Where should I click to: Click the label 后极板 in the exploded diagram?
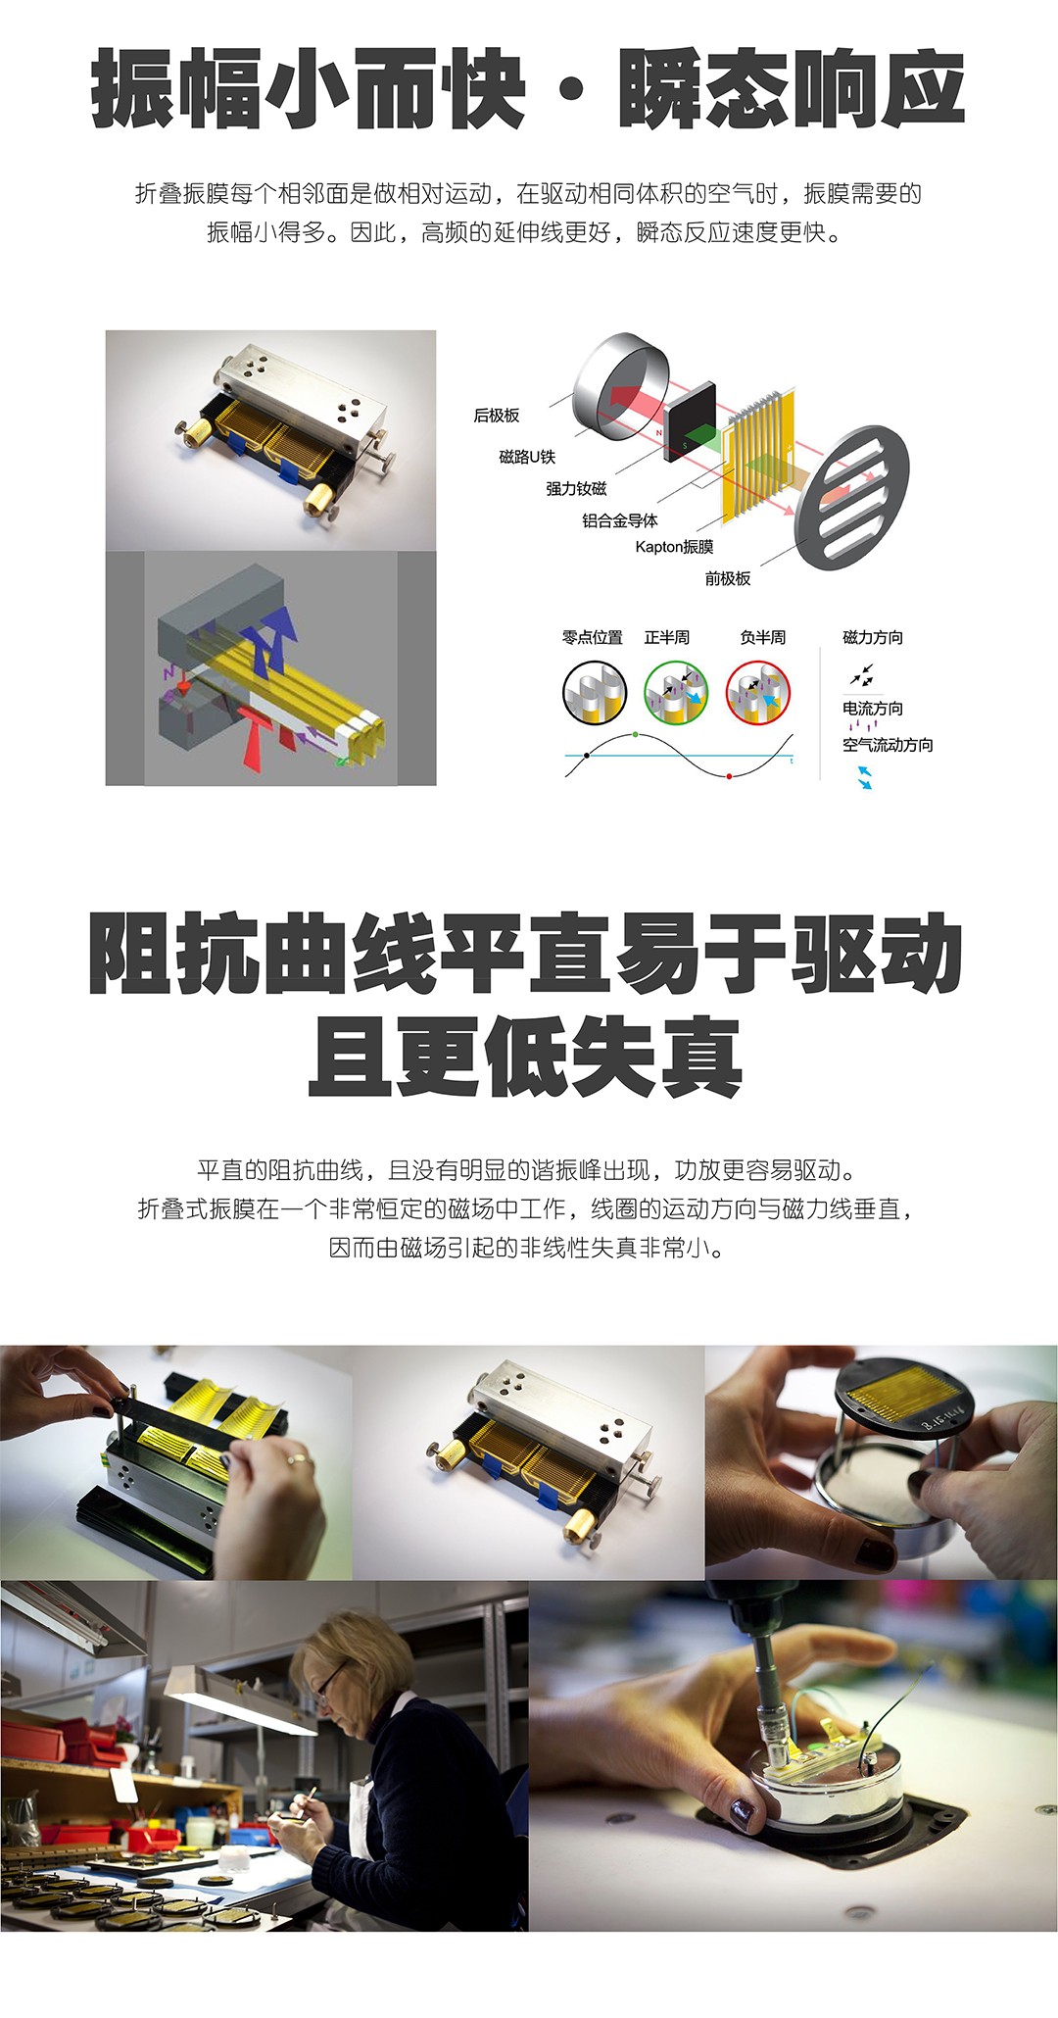click(x=497, y=416)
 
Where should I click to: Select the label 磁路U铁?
click(x=527, y=457)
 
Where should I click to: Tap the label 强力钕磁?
click(x=576, y=488)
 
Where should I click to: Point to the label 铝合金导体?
click(x=620, y=520)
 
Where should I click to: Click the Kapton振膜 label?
click(x=674, y=547)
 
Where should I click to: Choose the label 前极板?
click(x=728, y=578)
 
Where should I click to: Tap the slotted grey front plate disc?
click(x=851, y=499)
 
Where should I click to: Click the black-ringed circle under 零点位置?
click(x=595, y=692)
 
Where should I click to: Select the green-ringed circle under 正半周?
click(x=676, y=692)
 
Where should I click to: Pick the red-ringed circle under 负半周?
click(x=758, y=692)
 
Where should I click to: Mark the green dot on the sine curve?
click(x=636, y=734)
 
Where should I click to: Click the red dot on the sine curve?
click(x=729, y=776)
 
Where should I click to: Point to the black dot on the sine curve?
click(x=587, y=755)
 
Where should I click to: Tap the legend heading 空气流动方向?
click(x=888, y=745)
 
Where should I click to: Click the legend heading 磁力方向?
click(x=873, y=637)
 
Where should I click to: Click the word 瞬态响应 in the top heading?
click(x=792, y=91)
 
